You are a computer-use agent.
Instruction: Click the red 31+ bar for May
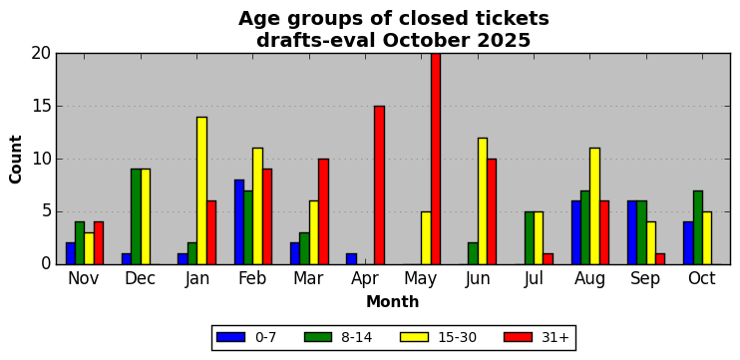click(x=436, y=159)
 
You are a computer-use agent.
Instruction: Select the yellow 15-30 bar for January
click(x=202, y=190)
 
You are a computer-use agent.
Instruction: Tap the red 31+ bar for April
click(x=379, y=184)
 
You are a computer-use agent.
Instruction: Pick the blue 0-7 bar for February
click(x=239, y=221)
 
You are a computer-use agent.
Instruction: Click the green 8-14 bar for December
click(x=136, y=216)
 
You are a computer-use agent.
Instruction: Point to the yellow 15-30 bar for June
click(x=483, y=201)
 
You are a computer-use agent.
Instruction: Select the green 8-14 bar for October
click(x=698, y=227)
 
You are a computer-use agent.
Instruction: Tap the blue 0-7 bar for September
click(x=632, y=232)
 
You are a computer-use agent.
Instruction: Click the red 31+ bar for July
click(x=548, y=259)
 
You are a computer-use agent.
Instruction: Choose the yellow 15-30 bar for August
click(x=595, y=206)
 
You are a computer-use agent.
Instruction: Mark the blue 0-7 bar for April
click(x=352, y=259)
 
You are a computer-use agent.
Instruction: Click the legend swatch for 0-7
click(x=230, y=337)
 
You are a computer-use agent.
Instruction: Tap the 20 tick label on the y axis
click(x=41, y=53)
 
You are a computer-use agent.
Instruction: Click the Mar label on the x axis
click(x=308, y=278)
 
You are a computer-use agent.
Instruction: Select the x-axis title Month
click(x=393, y=301)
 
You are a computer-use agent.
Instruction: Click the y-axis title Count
click(x=16, y=159)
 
